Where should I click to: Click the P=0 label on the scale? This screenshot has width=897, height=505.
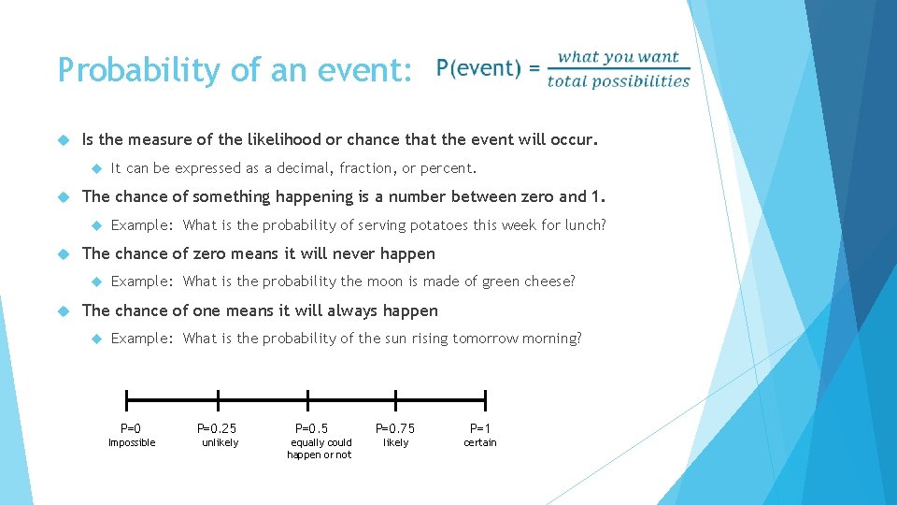[x=131, y=428]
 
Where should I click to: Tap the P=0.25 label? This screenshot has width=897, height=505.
[x=217, y=428]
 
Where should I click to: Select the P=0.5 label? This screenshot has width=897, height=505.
[x=312, y=428]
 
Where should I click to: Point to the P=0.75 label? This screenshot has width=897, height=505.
[x=395, y=428]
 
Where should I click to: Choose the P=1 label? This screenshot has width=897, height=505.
[x=480, y=428]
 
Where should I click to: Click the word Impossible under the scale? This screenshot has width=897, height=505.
[x=132, y=443]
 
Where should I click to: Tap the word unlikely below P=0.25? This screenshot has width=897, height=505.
[x=221, y=443]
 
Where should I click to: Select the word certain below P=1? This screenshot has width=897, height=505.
[x=480, y=443]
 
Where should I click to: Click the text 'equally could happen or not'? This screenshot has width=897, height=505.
[x=320, y=449]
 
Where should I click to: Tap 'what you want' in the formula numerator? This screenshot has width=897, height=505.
[x=618, y=57]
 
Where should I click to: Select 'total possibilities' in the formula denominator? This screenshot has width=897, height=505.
[x=619, y=81]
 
